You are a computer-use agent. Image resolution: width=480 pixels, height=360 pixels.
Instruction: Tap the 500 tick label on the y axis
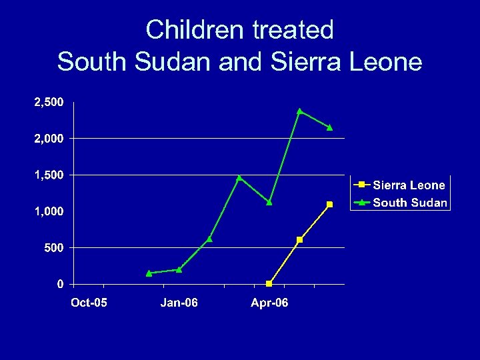tap(54, 247)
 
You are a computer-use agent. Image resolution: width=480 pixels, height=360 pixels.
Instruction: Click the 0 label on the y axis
tap(61, 284)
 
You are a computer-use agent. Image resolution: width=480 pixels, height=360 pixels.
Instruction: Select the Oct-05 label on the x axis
tap(89, 303)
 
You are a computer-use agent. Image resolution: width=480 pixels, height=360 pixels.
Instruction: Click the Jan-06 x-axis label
tap(179, 303)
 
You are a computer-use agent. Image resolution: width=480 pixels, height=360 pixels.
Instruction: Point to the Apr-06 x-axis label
tap(269, 303)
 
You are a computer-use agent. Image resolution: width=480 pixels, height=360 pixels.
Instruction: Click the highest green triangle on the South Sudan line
tap(299, 111)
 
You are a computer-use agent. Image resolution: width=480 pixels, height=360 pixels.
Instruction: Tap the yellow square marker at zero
tap(269, 284)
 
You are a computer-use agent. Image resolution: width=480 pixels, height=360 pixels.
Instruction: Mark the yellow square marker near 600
tap(299, 240)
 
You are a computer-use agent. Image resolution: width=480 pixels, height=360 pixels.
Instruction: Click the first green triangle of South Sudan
tap(149, 273)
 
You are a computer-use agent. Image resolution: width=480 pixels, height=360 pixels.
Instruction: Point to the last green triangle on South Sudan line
tap(329, 127)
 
